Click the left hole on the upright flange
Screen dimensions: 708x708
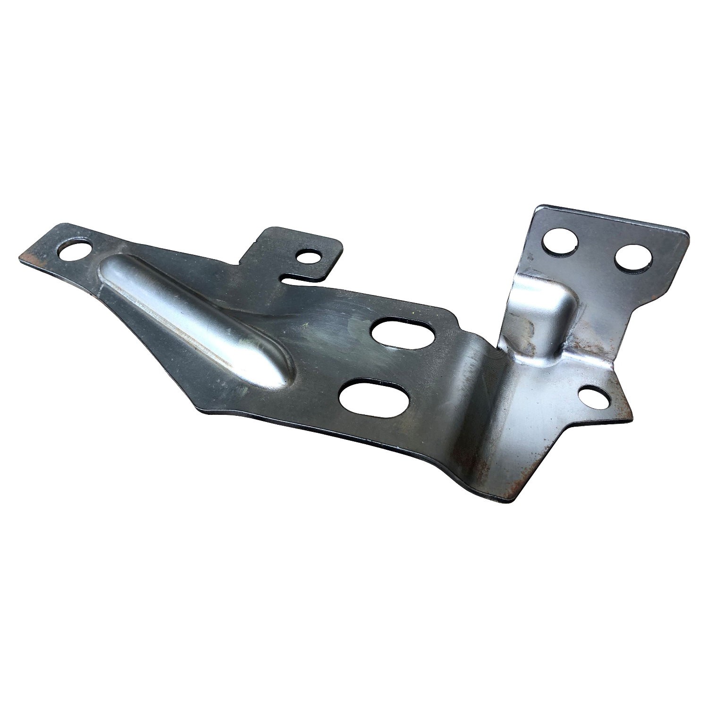560,241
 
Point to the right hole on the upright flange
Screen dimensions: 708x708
634,258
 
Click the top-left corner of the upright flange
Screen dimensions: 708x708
536,208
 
